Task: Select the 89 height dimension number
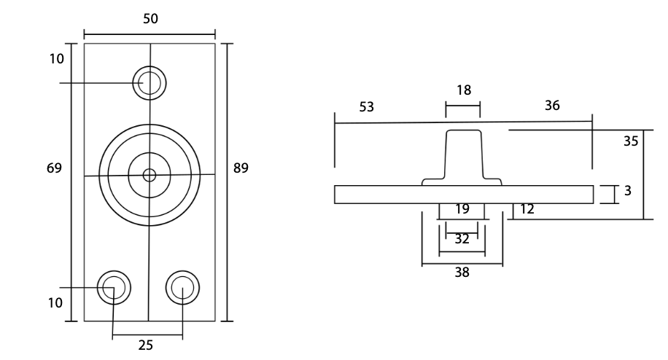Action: [241, 168]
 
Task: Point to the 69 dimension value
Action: [53, 168]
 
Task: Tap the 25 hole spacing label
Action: [146, 345]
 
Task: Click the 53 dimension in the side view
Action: [366, 107]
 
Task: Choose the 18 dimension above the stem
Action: [463, 90]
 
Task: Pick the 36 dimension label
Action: [552, 106]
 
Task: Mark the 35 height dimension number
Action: [631, 141]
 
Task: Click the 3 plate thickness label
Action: [627, 192]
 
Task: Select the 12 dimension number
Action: [527, 209]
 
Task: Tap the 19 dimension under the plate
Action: [462, 209]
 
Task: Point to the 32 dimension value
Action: [462, 238]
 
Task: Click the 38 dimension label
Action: [462, 273]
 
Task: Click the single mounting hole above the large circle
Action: [149, 82]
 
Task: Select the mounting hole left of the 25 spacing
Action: [114, 287]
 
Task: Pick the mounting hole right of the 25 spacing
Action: [182, 287]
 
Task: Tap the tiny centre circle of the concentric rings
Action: [149, 175]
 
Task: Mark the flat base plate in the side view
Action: [379, 195]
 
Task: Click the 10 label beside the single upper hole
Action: [57, 58]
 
